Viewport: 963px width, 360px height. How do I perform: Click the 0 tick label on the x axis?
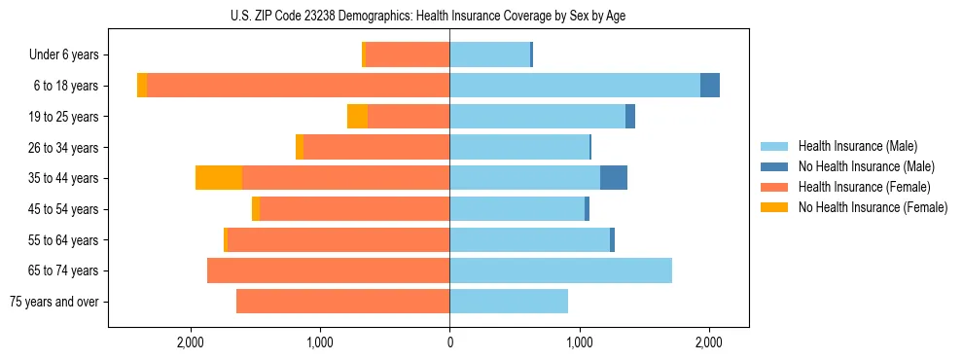pyautogui.click(x=449, y=342)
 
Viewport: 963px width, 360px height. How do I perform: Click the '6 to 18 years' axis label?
pyautogui.click(x=66, y=86)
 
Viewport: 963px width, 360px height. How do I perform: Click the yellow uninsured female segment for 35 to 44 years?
pyautogui.click(x=219, y=178)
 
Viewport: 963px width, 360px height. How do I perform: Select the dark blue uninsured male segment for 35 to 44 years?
pyautogui.click(x=614, y=178)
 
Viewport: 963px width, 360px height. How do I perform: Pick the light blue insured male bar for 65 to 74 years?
pyautogui.click(x=560, y=270)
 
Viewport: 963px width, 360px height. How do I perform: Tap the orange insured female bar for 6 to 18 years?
pyautogui.click(x=298, y=86)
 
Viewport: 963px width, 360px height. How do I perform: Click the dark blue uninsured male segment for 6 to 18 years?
pyautogui.click(x=710, y=86)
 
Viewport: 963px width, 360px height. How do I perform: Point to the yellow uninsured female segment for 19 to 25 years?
pyautogui.click(x=357, y=117)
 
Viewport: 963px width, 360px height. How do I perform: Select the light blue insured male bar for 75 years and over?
pyautogui.click(x=509, y=302)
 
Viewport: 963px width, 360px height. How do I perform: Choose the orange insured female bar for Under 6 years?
pyautogui.click(x=408, y=54)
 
